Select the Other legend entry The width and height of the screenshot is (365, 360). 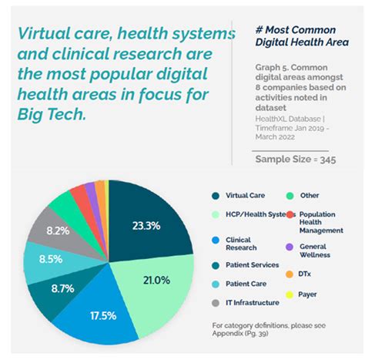click(310, 196)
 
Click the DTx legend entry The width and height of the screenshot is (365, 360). click(307, 274)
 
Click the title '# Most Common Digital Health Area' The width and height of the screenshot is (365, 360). click(299, 35)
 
